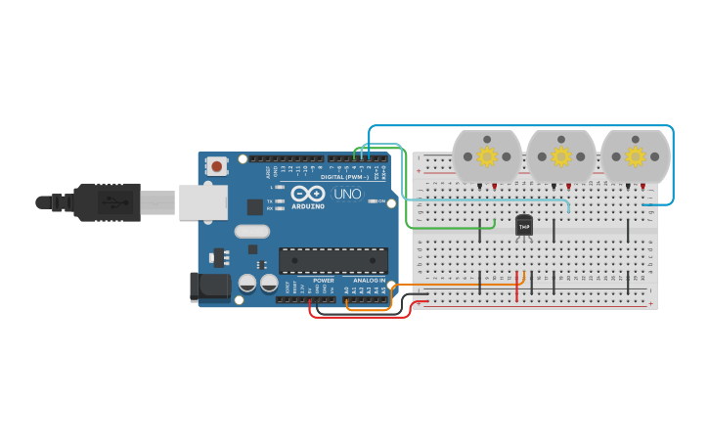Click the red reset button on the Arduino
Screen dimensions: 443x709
(x=216, y=166)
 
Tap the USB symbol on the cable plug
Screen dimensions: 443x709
(x=114, y=202)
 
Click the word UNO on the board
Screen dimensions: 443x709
(x=347, y=194)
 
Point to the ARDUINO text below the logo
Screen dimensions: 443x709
(x=308, y=206)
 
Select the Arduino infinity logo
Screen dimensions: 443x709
(x=307, y=193)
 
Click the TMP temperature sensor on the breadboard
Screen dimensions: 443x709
(x=524, y=225)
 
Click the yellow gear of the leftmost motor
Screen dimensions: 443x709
(x=486, y=156)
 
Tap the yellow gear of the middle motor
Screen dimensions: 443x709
(x=560, y=156)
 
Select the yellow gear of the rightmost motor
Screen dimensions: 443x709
(x=635, y=156)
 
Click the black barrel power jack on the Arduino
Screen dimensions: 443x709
(x=208, y=287)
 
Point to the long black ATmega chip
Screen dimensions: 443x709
(x=333, y=260)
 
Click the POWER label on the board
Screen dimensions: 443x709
(x=324, y=281)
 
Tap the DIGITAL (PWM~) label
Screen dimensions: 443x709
(x=345, y=177)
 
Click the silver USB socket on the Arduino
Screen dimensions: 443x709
(x=203, y=202)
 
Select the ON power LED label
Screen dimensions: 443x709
(x=381, y=200)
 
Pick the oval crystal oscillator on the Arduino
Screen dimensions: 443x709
(x=251, y=232)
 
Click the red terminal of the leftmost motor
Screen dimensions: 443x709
(x=494, y=186)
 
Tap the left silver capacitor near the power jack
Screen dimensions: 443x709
(x=247, y=283)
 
